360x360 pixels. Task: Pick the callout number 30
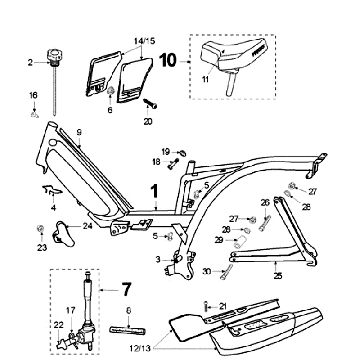206,270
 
